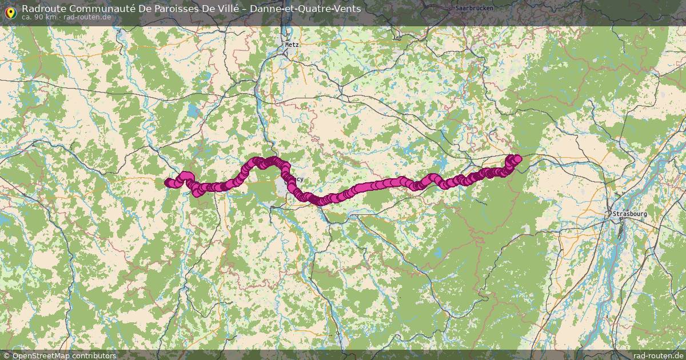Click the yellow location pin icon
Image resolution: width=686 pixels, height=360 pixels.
[x=10, y=11]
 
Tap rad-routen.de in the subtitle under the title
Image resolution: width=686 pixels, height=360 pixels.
[x=87, y=17]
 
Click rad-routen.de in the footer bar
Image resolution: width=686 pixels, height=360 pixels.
[x=658, y=355]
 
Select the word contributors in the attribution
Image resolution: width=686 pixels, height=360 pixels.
[x=94, y=355]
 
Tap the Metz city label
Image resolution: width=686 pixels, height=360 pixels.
[x=292, y=44]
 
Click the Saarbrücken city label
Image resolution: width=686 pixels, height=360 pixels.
[x=474, y=8]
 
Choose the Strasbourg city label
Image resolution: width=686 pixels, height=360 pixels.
[x=629, y=214]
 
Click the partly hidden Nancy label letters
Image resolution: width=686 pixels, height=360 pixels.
[x=298, y=179]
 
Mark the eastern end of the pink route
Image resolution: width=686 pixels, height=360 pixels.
[x=518, y=158]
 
